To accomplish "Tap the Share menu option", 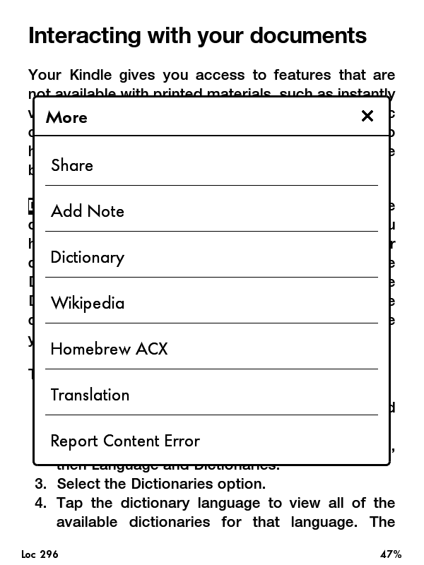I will pos(72,165).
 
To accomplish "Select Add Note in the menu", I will pos(88,211).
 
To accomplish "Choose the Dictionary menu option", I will pos(88,257).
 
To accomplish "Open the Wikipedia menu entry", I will pos(88,303).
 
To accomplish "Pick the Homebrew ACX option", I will pos(110,349).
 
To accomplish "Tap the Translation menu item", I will pos(90,395).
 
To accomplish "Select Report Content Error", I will pos(126,441).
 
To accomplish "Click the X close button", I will pos(367,117).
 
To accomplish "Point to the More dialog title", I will pos(67,117).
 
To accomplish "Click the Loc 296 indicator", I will pos(40,554).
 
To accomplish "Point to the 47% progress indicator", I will pos(390,554).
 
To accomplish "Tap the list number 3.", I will pos(40,484).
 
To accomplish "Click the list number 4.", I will pos(40,503).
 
